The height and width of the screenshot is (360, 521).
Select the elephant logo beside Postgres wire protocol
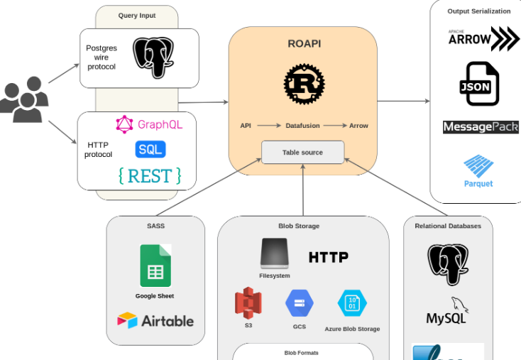click(x=154, y=58)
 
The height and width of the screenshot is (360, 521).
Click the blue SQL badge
click(x=150, y=149)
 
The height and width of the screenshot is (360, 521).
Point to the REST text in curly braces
click(x=150, y=175)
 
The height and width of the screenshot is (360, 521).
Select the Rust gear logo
click(x=304, y=84)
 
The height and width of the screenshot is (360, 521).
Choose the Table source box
click(x=302, y=152)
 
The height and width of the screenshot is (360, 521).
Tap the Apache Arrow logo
click(x=483, y=39)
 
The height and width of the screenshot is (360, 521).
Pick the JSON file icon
click(x=479, y=84)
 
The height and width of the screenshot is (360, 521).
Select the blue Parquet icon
click(x=479, y=167)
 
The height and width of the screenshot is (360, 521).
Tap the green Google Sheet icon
click(x=155, y=264)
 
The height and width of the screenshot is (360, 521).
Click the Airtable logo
click(x=155, y=320)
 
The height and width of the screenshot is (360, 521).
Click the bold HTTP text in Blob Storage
click(x=329, y=257)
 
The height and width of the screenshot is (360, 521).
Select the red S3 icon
click(x=248, y=303)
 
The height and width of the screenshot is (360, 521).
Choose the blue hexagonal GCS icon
click(x=299, y=305)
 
